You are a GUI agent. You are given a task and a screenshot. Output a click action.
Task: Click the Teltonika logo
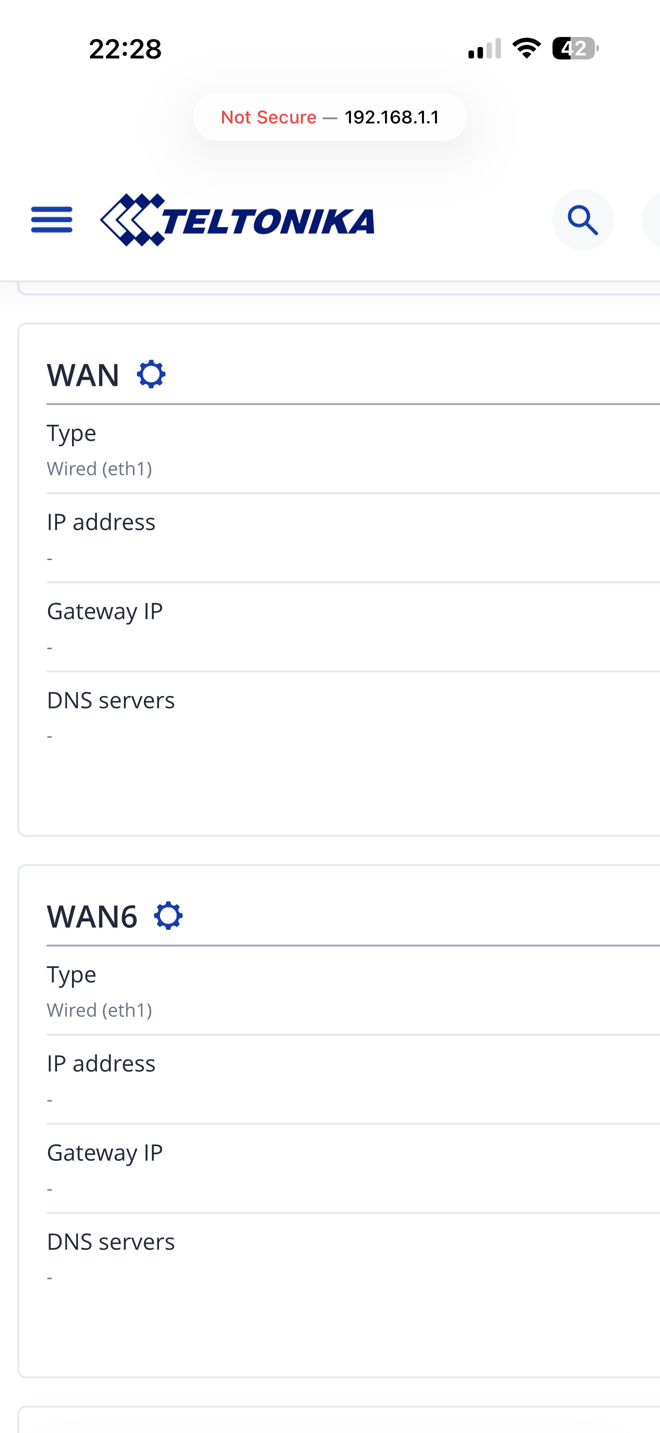(237, 220)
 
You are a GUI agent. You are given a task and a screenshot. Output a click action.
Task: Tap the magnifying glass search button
(582, 220)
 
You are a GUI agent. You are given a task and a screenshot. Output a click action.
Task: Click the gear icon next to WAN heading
(151, 374)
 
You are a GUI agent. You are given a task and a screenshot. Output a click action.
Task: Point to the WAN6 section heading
(92, 916)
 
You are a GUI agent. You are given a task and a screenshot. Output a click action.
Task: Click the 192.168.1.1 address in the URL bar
(392, 117)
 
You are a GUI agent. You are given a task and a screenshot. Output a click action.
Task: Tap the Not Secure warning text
(269, 117)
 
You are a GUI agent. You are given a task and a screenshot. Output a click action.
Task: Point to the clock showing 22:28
(125, 49)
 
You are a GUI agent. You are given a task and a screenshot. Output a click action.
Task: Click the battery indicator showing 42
(575, 48)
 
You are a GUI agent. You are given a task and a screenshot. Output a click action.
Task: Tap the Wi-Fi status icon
(526, 48)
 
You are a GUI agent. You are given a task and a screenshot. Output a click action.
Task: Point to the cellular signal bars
(484, 48)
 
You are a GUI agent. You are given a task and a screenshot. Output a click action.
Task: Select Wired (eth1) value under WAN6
(99, 1010)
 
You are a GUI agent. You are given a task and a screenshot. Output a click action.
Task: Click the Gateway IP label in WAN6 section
(105, 1153)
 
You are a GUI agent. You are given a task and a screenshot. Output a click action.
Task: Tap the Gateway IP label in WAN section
(105, 612)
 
